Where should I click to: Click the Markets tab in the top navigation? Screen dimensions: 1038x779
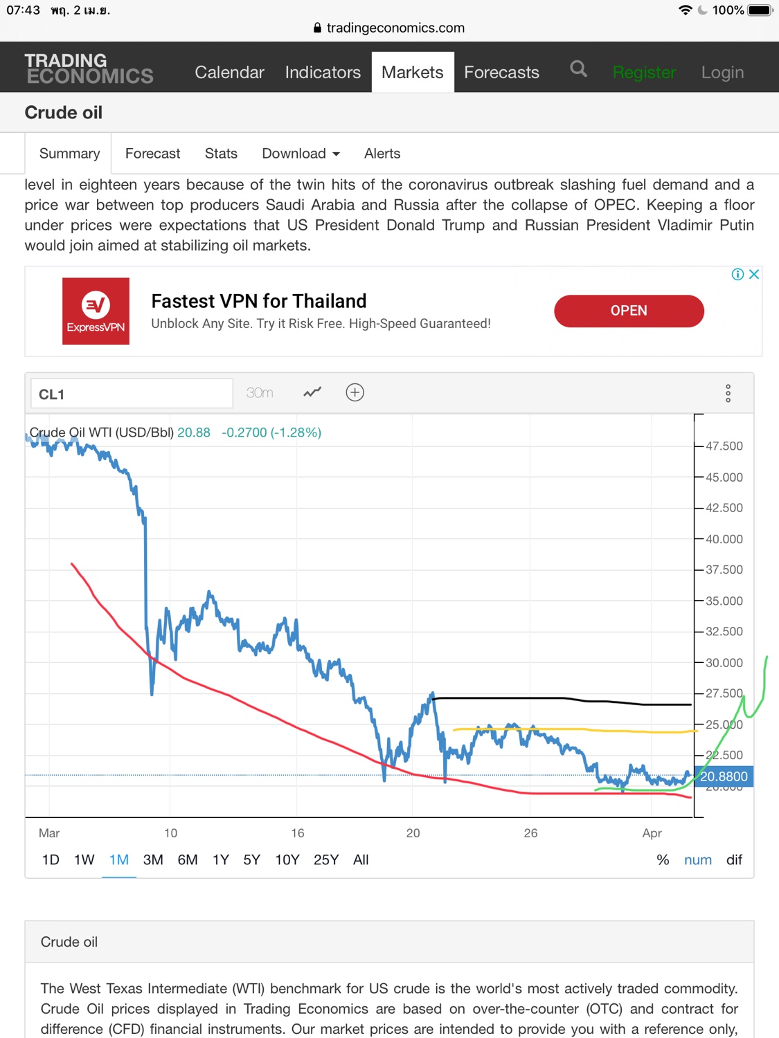(412, 72)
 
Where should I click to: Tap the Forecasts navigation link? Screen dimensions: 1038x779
(501, 72)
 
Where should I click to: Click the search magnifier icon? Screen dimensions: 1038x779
(578, 69)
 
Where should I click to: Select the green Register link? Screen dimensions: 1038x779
(644, 73)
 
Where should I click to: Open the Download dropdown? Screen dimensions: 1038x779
(301, 154)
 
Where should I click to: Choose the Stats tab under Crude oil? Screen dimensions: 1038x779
(221, 154)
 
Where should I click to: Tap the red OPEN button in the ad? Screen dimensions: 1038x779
(629, 311)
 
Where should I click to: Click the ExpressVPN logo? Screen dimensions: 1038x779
(96, 311)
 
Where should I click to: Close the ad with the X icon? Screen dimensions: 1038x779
(754, 274)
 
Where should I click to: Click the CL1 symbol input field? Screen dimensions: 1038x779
(132, 394)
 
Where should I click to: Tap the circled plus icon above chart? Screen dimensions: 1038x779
(355, 393)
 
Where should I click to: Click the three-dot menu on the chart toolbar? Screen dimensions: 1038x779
(728, 393)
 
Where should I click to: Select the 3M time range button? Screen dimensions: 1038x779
(153, 860)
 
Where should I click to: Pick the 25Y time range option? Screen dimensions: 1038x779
(326, 860)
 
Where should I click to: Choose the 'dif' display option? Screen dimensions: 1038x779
(734, 860)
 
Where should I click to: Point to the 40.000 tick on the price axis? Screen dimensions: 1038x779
(724, 539)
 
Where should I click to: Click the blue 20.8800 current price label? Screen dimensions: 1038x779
(724, 776)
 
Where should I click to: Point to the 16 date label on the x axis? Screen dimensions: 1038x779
(298, 833)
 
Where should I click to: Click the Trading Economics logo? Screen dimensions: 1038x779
(89, 69)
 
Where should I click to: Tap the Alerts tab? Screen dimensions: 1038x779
(382, 154)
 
